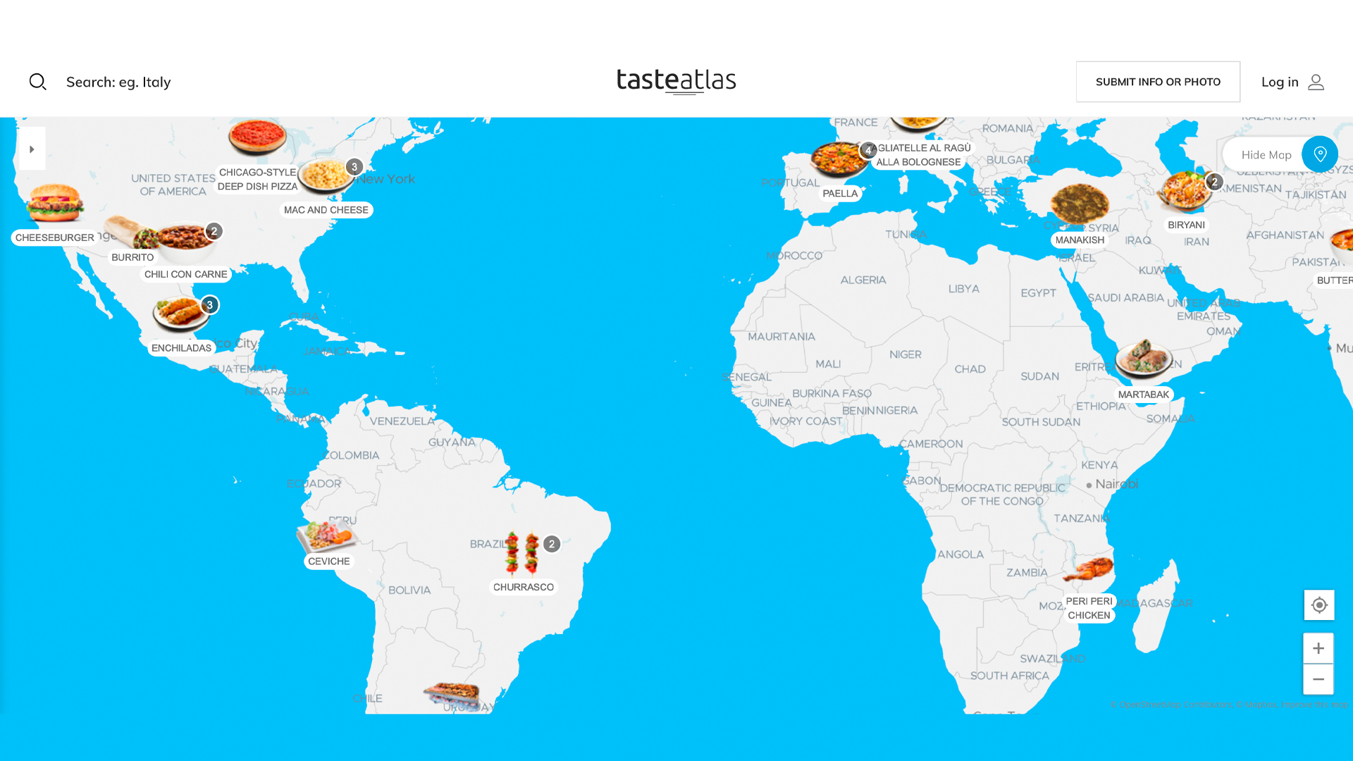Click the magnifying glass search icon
(x=38, y=82)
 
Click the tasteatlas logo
(x=676, y=81)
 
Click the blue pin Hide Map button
(x=1319, y=154)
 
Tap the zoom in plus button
(x=1318, y=648)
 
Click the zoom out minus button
(x=1318, y=679)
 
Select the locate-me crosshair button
(x=1319, y=605)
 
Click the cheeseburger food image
(x=55, y=203)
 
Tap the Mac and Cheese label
(x=326, y=210)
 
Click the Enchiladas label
(x=181, y=348)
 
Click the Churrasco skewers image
(x=522, y=555)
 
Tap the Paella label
(x=840, y=194)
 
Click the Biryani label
(x=1186, y=225)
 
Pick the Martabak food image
(x=1143, y=359)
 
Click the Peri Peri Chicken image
(x=1089, y=569)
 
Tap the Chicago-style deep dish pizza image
(x=257, y=137)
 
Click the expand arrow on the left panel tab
(x=32, y=149)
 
